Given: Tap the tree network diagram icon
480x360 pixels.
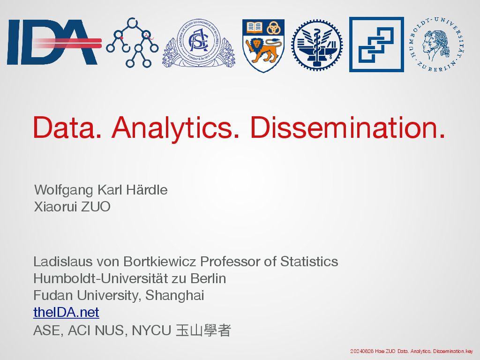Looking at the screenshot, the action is (132, 43).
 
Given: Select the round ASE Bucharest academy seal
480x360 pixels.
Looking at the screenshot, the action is (198, 43).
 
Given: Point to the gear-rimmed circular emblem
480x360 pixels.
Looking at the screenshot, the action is (317, 45).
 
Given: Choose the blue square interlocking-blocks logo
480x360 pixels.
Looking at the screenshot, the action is (376, 45).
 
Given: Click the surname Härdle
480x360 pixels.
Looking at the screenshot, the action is (147, 190).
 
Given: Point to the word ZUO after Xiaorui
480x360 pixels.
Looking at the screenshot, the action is (96, 207).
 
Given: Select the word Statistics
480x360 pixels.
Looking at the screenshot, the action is (309, 262).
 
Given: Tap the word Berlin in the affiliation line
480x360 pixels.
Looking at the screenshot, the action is (208, 278).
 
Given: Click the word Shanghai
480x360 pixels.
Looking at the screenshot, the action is (174, 296).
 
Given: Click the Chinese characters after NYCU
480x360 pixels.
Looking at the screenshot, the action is (203, 330).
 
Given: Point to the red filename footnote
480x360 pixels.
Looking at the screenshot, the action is (412, 351).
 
